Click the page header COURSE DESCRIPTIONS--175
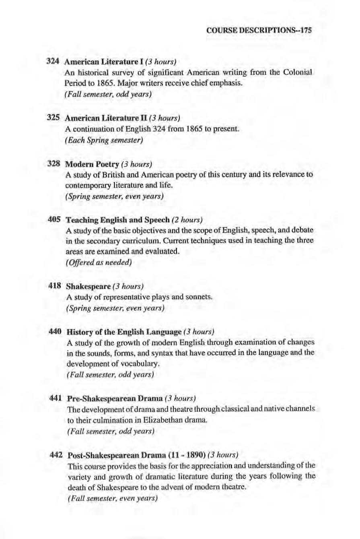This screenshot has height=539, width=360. [x=259, y=30]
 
